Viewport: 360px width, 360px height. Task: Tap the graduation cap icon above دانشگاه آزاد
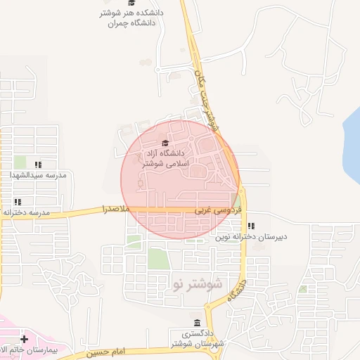click(155, 144)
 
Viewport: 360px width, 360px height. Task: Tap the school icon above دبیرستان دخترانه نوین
click(252, 226)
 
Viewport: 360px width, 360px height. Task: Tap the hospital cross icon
click(25, 339)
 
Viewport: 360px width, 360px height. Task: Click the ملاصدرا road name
click(117, 210)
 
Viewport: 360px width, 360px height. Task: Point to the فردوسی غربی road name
click(219, 210)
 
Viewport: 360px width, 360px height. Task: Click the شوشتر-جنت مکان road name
click(206, 98)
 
